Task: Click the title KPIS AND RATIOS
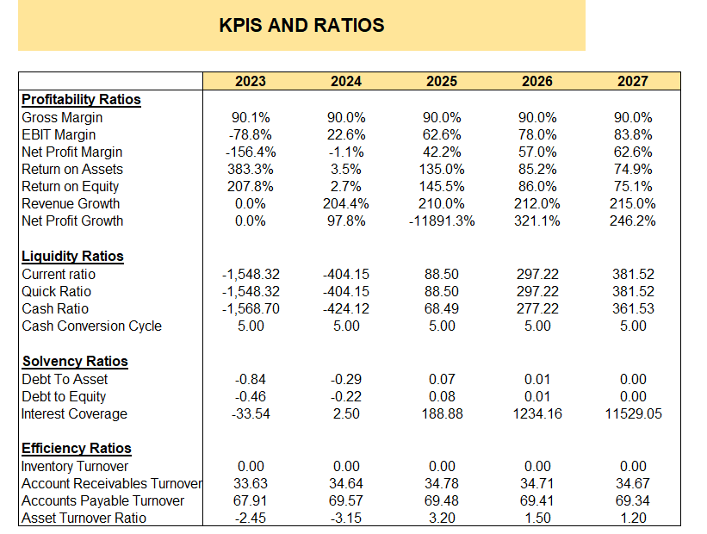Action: [x=301, y=25]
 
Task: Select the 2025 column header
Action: [x=442, y=82]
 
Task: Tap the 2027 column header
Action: [x=633, y=82]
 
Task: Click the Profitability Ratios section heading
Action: [x=81, y=99]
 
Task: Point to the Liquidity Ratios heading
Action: [x=72, y=256]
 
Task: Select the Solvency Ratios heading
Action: [x=74, y=361]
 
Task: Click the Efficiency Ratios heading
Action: [x=77, y=448]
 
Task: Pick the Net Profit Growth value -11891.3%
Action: [x=442, y=221]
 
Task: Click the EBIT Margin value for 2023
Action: [x=251, y=134]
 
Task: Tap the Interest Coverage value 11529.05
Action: [x=633, y=414]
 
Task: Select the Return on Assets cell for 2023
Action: [x=251, y=170]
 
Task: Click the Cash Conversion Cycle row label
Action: [x=91, y=326]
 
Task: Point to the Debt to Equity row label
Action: [x=65, y=397]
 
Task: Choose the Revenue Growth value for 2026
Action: [x=537, y=204]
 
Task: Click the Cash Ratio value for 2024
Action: [x=346, y=309]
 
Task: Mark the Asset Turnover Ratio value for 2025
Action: [x=442, y=518]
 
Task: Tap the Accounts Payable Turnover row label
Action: [x=102, y=501]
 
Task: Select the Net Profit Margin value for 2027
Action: [x=633, y=152]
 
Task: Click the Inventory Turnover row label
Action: [x=75, y=467]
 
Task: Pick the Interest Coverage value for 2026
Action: [x=537, y=414]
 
